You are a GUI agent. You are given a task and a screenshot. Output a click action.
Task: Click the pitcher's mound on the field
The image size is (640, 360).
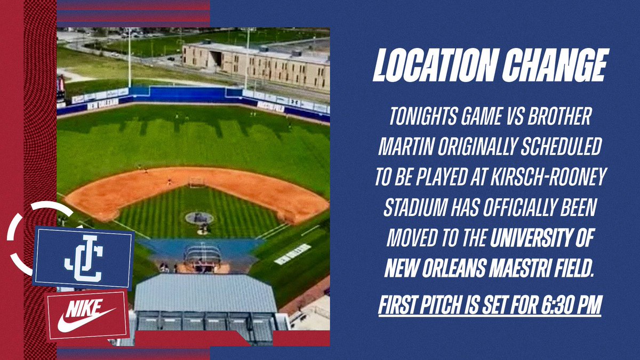(199, 218)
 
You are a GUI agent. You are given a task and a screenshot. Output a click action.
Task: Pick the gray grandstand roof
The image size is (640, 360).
(205, 293)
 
